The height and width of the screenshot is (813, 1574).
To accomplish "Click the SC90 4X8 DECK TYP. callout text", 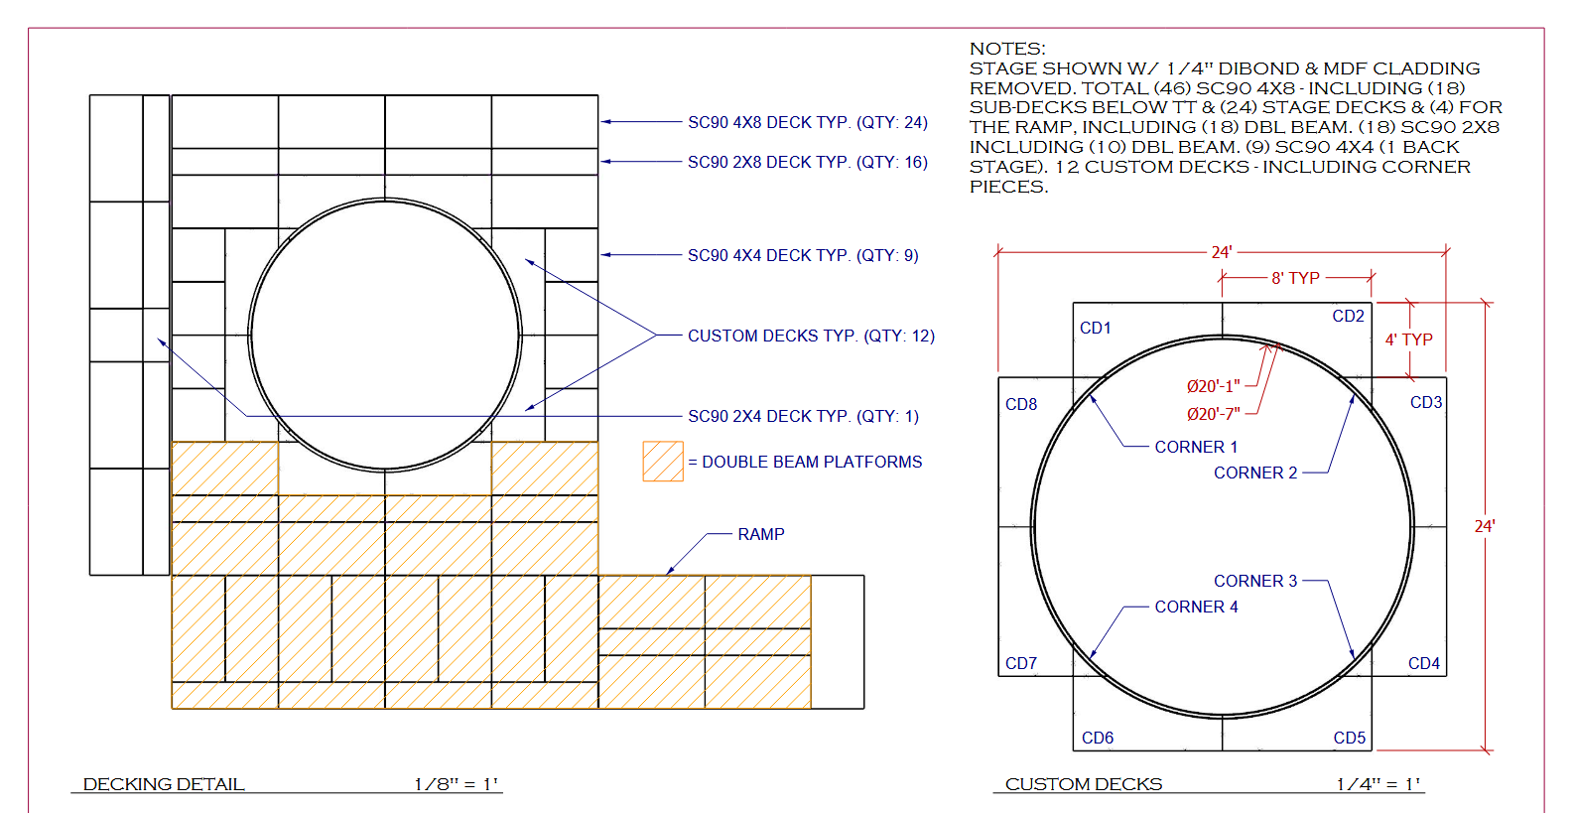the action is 808,122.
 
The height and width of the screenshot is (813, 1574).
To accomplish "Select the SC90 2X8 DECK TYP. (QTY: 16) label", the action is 808,163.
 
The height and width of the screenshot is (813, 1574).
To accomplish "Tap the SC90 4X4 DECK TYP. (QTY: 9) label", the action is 803,255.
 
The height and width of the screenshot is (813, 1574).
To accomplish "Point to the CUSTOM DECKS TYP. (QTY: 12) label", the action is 811,336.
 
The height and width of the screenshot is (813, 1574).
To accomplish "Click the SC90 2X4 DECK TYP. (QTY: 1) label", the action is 803,416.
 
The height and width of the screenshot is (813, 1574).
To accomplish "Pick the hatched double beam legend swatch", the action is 663,461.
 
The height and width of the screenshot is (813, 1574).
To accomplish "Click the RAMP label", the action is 761,534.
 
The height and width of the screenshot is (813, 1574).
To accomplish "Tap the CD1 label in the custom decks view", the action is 1095,329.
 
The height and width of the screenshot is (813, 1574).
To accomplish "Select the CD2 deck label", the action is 1348,317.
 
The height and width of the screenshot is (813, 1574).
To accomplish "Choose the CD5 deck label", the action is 1349,738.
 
